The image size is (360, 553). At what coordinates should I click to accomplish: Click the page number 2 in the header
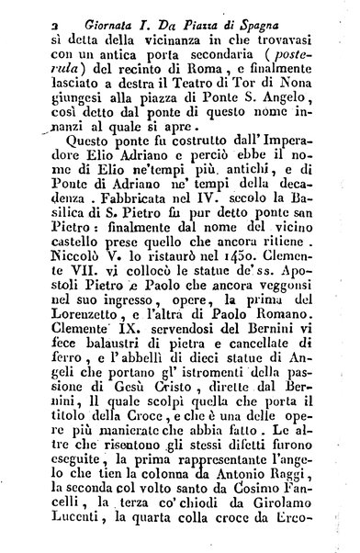point(31,14)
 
